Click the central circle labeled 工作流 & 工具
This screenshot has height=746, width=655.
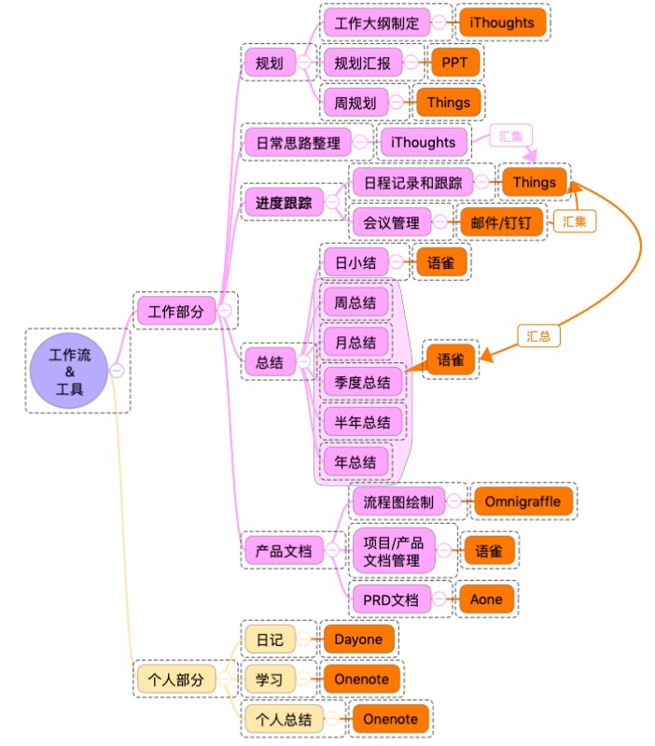click(x=70, y=370)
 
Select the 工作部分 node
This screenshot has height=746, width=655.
click(x=176, y=312)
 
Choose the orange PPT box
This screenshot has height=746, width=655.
click(x=455, y=63)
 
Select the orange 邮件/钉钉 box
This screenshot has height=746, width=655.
click(x=501, y=222)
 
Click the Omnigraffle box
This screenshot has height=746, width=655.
click(x=523, y=501)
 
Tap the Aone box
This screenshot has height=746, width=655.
click(x=485, y=599)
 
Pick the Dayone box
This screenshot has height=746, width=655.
click(x=358, y=640)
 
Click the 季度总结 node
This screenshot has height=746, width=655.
click(x=362, y=382)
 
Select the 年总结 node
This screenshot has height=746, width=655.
click(x=355, y=461)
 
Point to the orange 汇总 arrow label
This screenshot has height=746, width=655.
click(x=538, y=335)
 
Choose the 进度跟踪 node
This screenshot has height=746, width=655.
click(x=284, y=202)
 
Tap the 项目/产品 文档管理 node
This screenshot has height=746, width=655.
click(x=392, y=551)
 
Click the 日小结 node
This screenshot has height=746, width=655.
click(x=355, y=262)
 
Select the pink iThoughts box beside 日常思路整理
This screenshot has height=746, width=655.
click(x=424, y=143)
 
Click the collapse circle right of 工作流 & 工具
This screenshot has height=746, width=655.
click(x=118, y=370)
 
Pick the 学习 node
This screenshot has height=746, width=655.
click(x=270, y=679)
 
